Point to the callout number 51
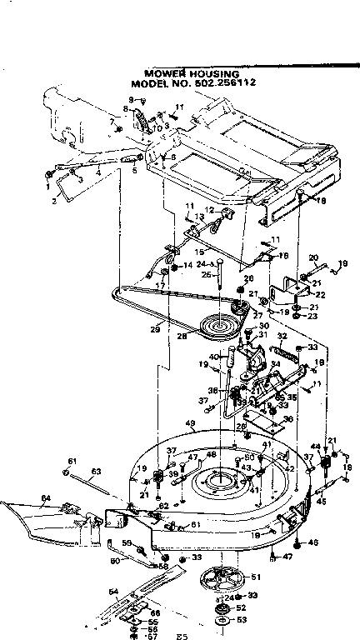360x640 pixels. [255, 577]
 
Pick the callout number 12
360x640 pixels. [210, 209]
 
